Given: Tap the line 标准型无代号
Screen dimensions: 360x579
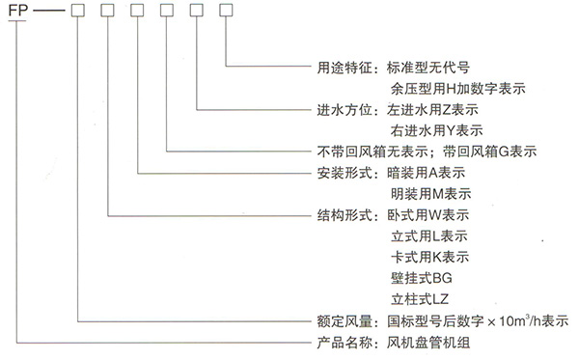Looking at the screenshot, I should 428,69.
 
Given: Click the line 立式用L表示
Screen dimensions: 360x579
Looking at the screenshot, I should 428,236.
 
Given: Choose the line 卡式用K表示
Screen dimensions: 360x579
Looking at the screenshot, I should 428,258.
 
